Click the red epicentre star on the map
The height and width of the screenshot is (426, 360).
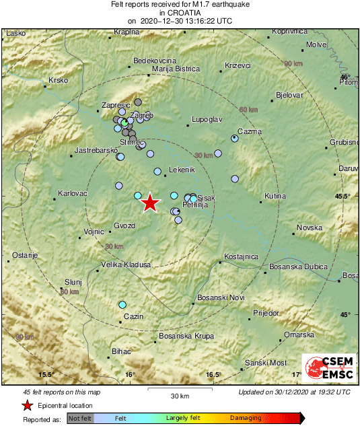click(150, 203)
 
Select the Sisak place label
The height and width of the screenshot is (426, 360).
click(207, 198)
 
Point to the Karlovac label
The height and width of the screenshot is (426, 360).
click(73, 193)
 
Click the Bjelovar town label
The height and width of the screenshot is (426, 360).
click(289, 95)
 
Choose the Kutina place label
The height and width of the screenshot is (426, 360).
click(275, 196)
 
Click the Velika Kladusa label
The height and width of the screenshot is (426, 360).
click(126, 264)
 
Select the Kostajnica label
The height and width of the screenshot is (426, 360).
click(241, 256)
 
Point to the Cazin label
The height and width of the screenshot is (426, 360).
click(135, 316)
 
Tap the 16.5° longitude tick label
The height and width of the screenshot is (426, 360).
click(213, 375)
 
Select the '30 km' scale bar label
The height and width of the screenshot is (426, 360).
click(179, 396)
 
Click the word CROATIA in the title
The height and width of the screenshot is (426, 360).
click(180, 13)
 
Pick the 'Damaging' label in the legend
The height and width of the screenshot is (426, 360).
click(246, 418)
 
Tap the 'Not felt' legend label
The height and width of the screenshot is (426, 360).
click(80, 418)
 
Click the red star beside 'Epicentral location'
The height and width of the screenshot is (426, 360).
click(27, 405)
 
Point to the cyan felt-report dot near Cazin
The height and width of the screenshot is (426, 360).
click(122, 305)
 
